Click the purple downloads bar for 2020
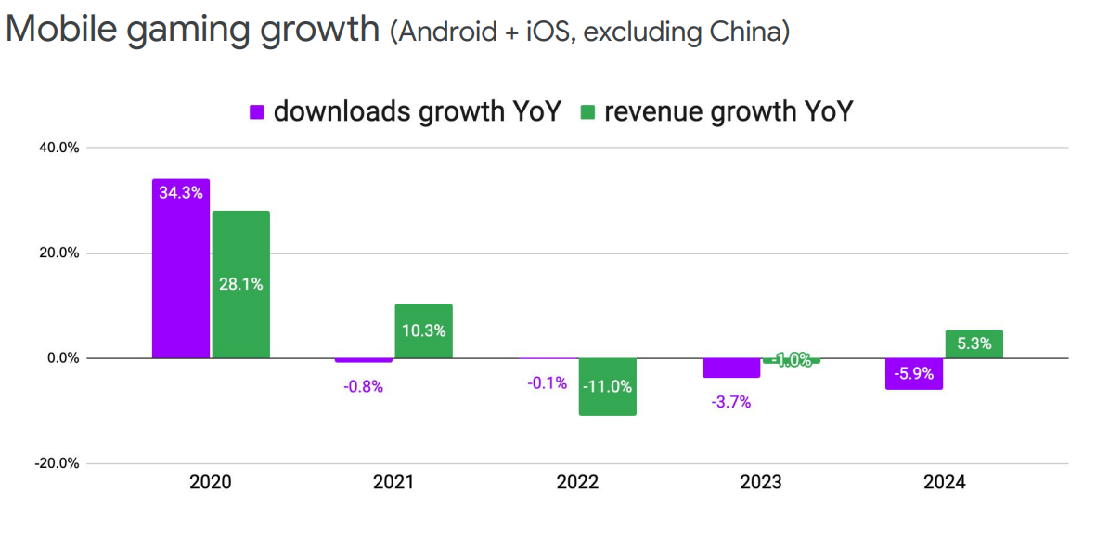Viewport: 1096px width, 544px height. tap(181, 268)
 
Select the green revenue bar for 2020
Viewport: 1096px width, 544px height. tap(241, 284)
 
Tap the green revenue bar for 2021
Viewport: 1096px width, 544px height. tap(423, 330)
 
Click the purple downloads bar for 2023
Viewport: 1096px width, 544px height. tap(731, 368)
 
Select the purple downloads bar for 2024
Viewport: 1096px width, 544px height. tap(914, 373)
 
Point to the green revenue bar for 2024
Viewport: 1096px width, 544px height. tap(974, 343)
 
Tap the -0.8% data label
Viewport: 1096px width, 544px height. tap(363, 385)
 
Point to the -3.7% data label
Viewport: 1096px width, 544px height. tap(731, 402)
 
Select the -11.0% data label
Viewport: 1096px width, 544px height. tap(607, 386)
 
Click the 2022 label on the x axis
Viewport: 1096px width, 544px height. tap(577, 483)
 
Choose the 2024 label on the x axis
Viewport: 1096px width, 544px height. tap(945, 483)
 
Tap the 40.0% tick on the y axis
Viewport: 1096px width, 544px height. tap(58, 148)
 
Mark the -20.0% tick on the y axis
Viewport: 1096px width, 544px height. tap(56, 463)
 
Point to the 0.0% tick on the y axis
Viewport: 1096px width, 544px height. tap(60, 358)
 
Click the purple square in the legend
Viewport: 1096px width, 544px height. tap(257, 112)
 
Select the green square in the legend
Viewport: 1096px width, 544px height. tap(587, 112)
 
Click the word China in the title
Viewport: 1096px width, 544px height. tap(749, 32)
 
